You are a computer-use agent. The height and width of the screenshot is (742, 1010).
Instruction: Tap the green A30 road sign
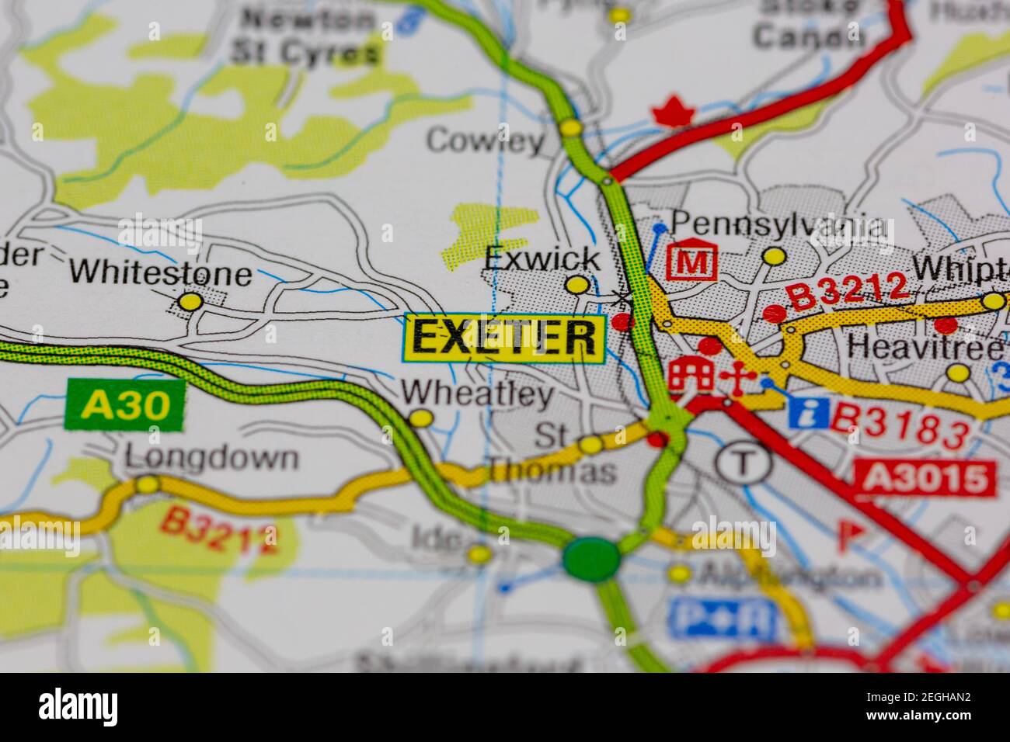pyautogui.click(x=126, y=404)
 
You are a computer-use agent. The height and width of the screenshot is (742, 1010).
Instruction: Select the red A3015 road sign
pyautogui.click(x=925, y=478)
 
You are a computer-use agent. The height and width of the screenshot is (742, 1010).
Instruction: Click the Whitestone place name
pyautogui.click(x=160, y=273)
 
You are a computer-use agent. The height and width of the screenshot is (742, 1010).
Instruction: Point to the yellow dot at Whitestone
pyautogui.click(x=190, y=302)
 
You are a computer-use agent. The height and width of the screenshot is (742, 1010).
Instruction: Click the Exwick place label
pyautogui.click(x=542, y=258)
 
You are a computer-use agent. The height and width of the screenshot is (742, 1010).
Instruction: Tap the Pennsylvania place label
pyautogui.click(x=778, y=226)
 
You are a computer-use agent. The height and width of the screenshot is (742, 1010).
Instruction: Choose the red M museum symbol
pyautogui.click(x=691, y=263)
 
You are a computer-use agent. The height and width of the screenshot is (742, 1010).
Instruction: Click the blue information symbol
pyautogui.click(x=808, y=411)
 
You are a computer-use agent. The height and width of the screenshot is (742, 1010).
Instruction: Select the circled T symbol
pyautogui.click(x=744, y=463)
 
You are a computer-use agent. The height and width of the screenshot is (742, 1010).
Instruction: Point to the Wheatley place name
pyautogui.click(x=477, y=394)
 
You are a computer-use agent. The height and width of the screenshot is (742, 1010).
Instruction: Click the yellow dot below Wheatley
pyautogui.click(x=421, y=419)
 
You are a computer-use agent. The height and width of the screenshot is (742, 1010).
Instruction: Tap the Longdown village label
pyautogui.click(x=211, y=458)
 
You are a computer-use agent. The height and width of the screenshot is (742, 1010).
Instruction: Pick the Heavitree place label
pyautogui.click(x=924, y=346)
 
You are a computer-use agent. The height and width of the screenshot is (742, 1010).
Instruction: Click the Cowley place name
pyautogui.click(x=486, y=141)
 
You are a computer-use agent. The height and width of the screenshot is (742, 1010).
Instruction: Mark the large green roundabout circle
pyautogui.click(x=591, y=557)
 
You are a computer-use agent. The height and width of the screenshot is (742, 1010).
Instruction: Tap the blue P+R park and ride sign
pyautogui.click(x=723, y=618)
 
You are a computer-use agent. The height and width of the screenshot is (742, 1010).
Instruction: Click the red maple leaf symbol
pyautogui.click(x=673, y=113)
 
